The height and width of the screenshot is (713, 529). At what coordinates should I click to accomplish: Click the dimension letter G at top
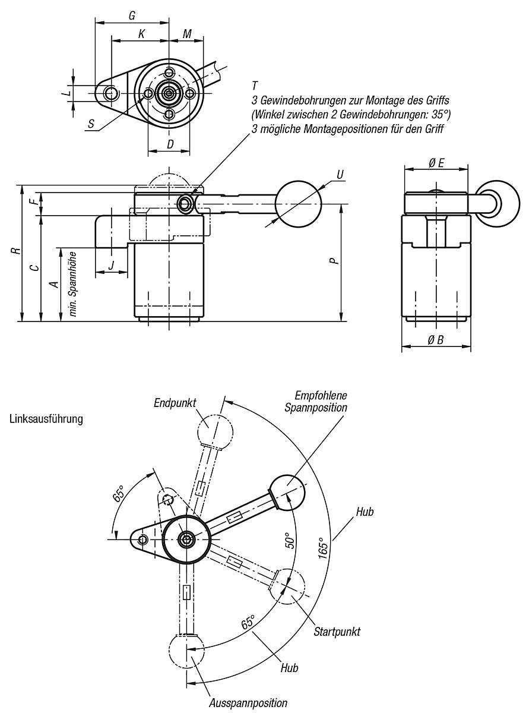click(132, 15)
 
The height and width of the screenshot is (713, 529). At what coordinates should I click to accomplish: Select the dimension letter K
click(141, 34)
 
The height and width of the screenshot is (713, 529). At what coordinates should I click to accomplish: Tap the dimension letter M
click(188, 34)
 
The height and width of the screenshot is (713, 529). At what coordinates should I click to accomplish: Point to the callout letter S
click(91, 124)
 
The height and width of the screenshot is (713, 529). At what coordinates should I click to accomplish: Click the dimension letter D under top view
click(170, 144)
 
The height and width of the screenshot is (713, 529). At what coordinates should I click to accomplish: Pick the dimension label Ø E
click(436, 163)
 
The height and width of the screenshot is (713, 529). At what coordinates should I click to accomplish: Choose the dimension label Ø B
click(436, 340)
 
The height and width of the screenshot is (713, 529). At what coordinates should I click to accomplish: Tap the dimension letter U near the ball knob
click(340, 174)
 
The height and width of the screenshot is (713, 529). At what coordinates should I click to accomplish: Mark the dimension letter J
click(111, 265)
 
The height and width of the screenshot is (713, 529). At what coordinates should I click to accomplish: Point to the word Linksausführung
click(46, 419)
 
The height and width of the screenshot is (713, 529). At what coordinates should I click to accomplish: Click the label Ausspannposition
click(248, 703)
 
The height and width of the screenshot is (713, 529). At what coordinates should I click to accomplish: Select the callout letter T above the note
click(255, 86)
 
